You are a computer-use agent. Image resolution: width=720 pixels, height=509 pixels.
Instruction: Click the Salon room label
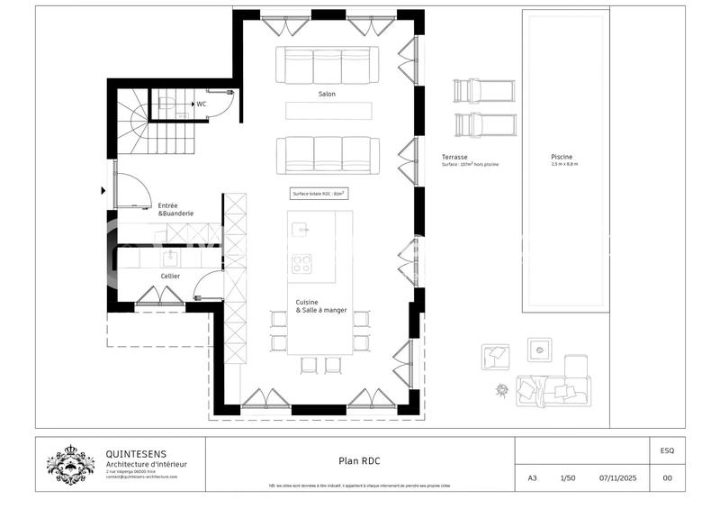coord(327,95)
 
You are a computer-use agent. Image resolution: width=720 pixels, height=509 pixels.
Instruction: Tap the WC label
coord(202,104)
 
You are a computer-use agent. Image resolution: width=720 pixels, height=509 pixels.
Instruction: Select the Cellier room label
coord(170,276)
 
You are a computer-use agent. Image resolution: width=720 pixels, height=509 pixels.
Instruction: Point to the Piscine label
coord(562,158)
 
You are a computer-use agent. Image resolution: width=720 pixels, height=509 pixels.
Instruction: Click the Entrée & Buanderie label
coord(175,209)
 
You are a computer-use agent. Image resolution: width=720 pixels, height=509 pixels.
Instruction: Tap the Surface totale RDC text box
coord(319,194)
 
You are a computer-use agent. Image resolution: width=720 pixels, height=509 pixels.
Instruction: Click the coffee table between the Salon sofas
coord(328,110)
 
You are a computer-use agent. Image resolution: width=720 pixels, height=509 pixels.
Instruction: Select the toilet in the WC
coord(168,104)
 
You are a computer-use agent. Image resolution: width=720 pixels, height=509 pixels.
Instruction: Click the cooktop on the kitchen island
coord(302,263)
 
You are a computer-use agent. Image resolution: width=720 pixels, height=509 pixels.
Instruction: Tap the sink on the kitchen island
coord(301,230)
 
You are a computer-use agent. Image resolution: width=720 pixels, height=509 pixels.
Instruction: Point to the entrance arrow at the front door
coord(103,190)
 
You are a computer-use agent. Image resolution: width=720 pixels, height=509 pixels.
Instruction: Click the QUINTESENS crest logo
coord(71,464)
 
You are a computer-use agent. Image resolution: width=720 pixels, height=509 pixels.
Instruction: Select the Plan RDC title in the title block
coord(359,461)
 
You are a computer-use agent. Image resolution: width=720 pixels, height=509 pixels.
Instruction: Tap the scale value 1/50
coord(569,478)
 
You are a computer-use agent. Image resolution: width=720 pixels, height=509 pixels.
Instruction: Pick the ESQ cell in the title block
coord(666,450)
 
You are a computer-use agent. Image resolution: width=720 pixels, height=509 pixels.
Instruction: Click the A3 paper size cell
coord(533,478)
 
